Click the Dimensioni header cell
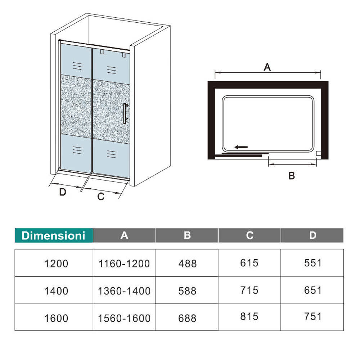click(x=54, y=235)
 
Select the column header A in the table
click(x=124, y=235)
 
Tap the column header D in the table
click(x=312, y=235)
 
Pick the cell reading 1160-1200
click(x=124, y=264)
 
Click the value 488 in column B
click(x=187, y=264)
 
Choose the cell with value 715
click(x=249, y=290)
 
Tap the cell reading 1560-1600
click(x=124, y=318)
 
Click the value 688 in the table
click(x=187, y=318)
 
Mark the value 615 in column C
click(x=249, y=263)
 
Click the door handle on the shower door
click(x=125, y=113)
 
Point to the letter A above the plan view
click(x=267, y=67)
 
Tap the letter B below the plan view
click(x=292, y=176)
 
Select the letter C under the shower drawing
click(x=101, y=197)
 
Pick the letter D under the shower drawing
click(x=63, y=192)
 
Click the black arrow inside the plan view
click(x=241, y=147)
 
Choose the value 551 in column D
click(x=312, y=263)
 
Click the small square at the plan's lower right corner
click(x=318, y=153)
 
